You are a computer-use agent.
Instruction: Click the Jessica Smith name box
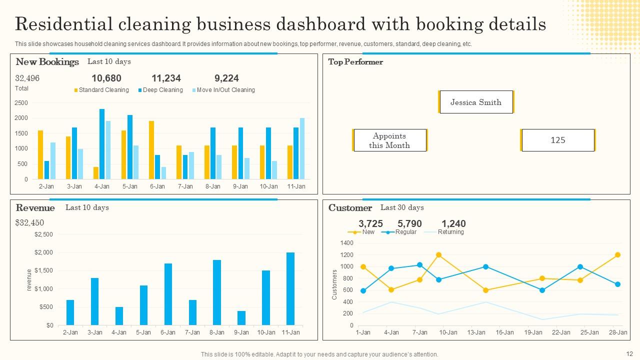coord(475,102)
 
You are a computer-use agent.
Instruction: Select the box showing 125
coord(557,140)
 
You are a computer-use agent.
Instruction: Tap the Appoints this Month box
coord(389,140)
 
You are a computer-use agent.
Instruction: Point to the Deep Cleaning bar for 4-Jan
coord(102,144)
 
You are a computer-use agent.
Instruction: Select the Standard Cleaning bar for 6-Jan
coord(151,150)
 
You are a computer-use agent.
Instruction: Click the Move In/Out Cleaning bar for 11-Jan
coord(302,148)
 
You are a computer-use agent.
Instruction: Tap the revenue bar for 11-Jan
coord(290,288)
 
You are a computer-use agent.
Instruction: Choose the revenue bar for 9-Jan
coord(241,317)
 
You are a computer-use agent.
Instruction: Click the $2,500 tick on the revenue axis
coord(43,234)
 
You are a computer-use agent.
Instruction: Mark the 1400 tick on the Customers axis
coord(346,243)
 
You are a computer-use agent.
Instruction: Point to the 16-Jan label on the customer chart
coord(504,332)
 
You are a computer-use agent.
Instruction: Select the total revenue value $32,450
coord(29,222)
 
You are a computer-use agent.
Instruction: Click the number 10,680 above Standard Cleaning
coord(106,78)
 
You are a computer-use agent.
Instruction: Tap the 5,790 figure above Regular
coord(409,223)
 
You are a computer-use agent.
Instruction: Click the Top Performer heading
coord(355,62)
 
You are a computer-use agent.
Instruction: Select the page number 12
coord(629,353)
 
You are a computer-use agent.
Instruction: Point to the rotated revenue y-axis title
coord(29,279)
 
